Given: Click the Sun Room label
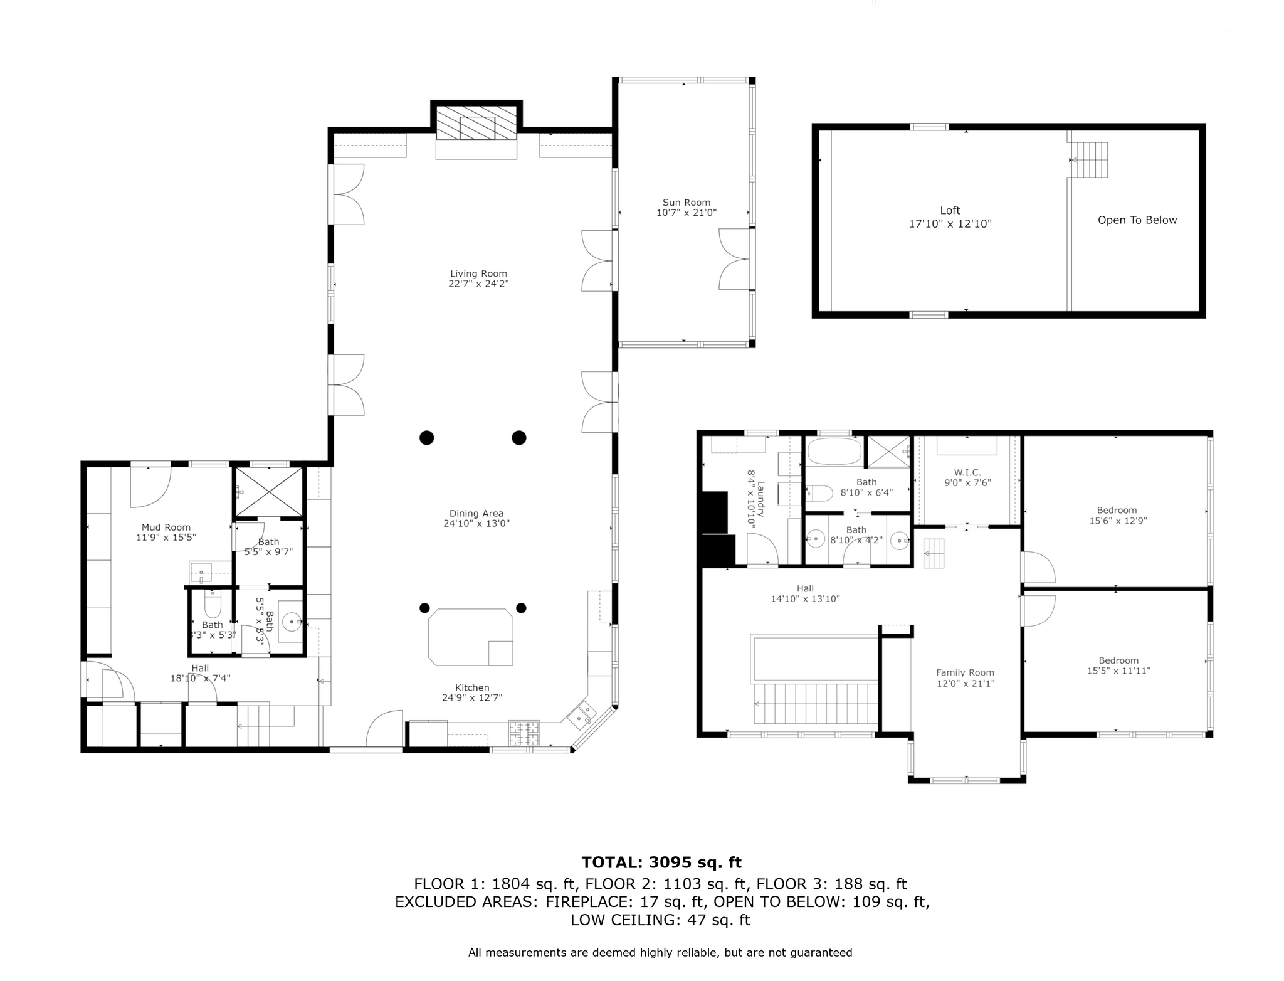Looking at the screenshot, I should click(686, 203).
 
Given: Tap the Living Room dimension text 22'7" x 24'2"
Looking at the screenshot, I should click(478, 284).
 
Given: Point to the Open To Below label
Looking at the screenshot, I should click(1137, 220).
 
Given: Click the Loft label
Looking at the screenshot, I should click(950, 211).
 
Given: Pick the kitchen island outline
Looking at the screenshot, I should click(470, 637).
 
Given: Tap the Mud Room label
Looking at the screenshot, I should click(166, 528).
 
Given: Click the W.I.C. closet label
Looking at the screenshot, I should click(967, 472).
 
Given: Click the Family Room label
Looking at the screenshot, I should click(965, 673).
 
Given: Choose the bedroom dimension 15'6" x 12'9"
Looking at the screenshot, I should click(1117, 521).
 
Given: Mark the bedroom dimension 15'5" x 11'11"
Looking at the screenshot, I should click(1118, 671).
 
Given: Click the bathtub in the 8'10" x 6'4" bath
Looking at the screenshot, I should click(834, 451).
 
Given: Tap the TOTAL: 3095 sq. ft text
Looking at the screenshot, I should click(661, 862).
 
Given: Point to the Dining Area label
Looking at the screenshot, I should click(476, 514).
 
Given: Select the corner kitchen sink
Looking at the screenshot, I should click(582, 715).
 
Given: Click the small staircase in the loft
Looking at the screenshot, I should click(1092, 159).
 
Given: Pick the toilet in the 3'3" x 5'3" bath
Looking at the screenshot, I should click(213, 603).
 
